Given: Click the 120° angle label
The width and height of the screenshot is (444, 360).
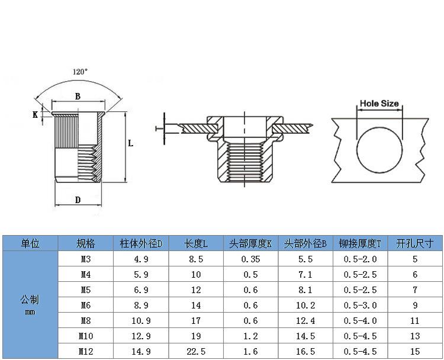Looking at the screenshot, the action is pyautogui.click(x=80, y=72).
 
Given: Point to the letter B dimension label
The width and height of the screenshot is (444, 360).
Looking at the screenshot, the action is pyautogui.click(x=78, y=97).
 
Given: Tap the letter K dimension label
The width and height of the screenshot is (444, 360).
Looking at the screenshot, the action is pyautogui.click(x=35, y=115).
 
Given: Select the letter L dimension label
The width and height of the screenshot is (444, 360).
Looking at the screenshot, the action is pyautogui.click(x=131, y=143).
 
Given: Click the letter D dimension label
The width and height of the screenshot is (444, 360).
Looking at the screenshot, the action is pyautogui.click(x=78, y=200).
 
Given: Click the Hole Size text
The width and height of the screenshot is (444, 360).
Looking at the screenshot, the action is pyautogui.click(x=379, y=104).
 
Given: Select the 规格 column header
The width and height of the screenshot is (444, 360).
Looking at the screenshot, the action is pyautogui.click(x=85, y=243).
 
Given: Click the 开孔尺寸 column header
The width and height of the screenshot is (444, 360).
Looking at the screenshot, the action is pyautogui.click(x=415, y=243).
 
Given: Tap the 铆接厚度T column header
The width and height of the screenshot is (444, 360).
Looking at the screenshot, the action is pyautogui.click(x=360, y=243).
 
